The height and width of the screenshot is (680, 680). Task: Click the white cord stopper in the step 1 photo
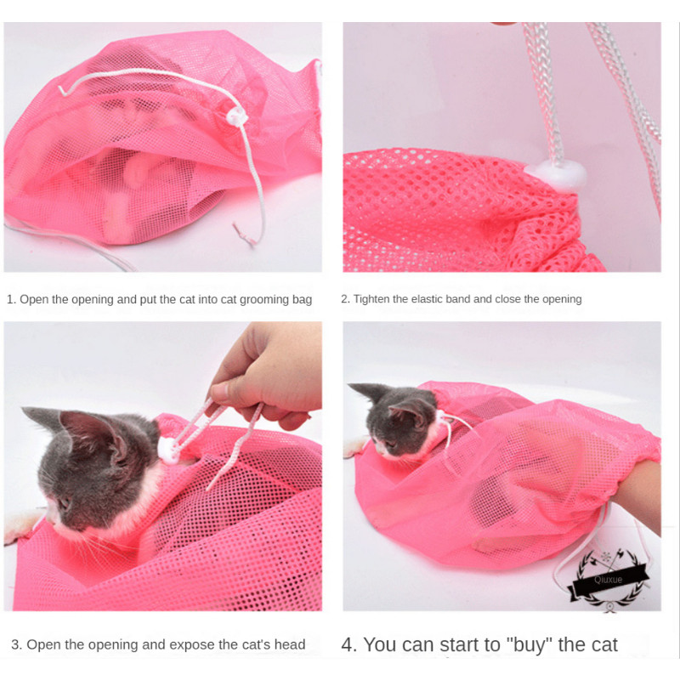click(x=237, y=116)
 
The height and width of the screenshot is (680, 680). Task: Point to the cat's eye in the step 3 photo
click(x=65, y=503)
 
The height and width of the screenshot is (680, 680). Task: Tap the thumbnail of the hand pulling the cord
click(x=219, y=392)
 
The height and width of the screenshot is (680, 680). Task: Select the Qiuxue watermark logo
click(x=609, y=580)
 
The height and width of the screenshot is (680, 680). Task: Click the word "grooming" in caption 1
click(x=264, y=300)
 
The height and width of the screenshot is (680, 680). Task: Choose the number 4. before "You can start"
click(x=349, y=645)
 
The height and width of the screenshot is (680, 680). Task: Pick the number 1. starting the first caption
click(x=12, y=299)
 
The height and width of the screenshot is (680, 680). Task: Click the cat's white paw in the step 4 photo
click(x=354, y=447)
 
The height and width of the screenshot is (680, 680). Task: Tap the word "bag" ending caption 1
click(x=303, y=300)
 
